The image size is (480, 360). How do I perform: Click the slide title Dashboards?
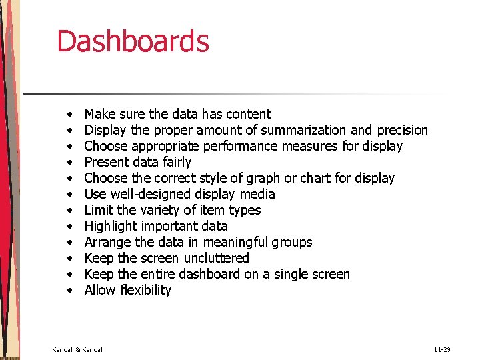point(133,41)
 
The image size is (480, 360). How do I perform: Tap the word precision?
point(402,130)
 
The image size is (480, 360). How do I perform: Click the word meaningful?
point(239,242)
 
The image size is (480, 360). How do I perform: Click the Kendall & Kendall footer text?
point(78,349)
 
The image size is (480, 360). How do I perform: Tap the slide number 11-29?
point(442,349)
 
